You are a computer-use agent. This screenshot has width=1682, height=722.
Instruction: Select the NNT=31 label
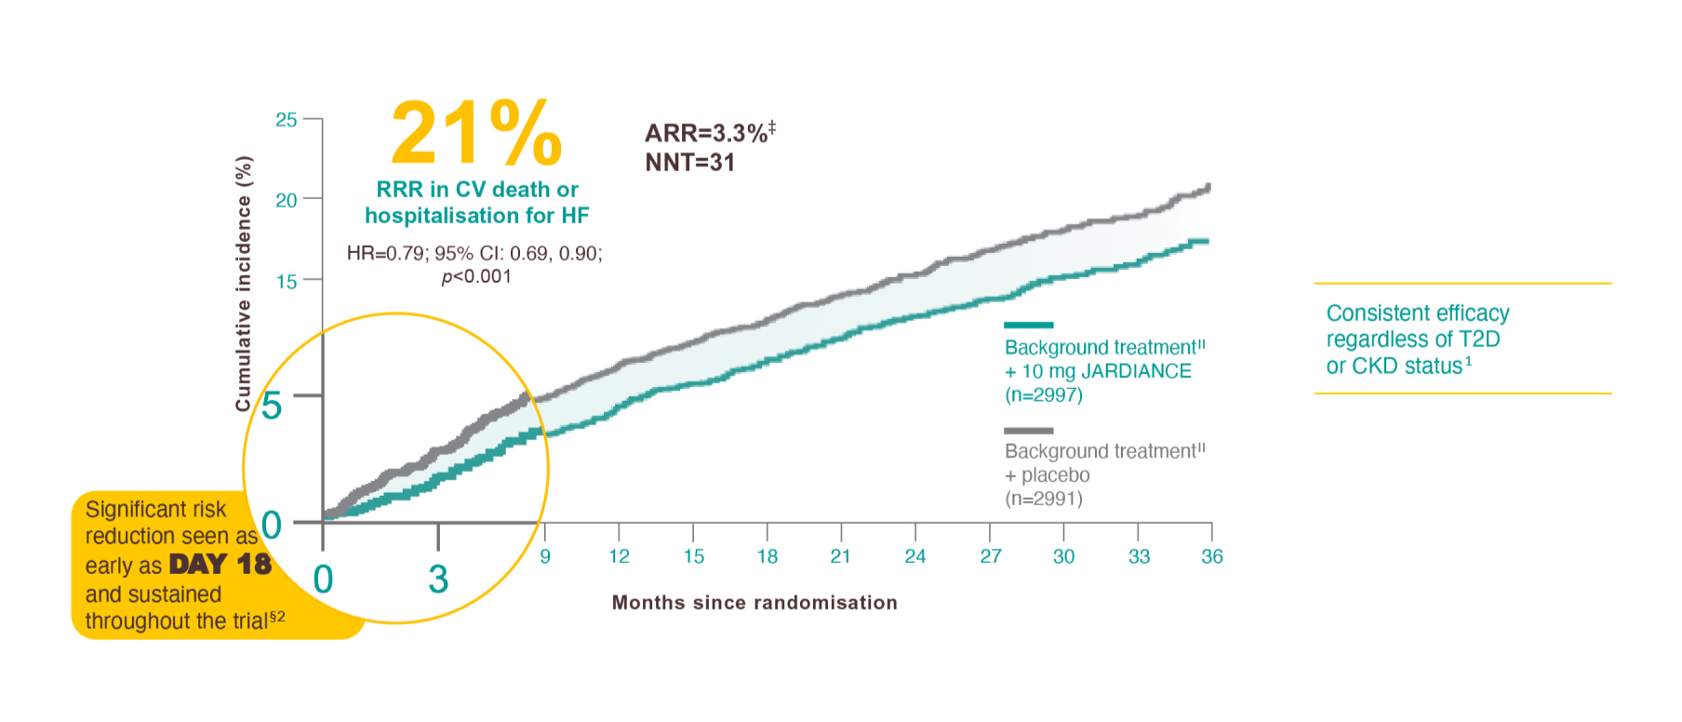[x=689, y=163]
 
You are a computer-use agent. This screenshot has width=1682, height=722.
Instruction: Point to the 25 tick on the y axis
[x=287, y=120]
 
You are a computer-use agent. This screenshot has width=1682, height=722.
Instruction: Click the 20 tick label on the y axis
[x=287, y=200]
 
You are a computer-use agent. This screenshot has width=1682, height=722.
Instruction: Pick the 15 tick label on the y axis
[x=287, y=281]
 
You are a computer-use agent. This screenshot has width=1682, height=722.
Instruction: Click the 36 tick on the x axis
[x=1212, y=556]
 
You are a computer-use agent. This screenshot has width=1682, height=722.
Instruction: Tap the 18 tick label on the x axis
[x=768, y=556]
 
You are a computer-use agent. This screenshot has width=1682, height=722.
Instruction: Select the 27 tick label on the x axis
[x=991, y=556]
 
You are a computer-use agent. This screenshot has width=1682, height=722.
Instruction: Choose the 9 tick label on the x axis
[x=545, y=556]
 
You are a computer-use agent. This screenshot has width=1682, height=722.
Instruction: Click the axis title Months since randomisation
[x=754, y=603]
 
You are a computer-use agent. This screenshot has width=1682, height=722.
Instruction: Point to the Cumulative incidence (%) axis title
[x=244, y=284]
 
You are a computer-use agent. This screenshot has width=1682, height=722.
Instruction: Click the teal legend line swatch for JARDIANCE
[x=1029, y=325]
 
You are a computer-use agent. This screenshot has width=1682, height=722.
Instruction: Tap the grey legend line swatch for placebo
[x=1029, y=431]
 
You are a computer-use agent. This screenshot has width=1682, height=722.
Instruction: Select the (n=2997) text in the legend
[x=1044, y=394]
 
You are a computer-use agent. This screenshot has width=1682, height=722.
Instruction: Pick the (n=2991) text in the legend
[x=1044, y=499]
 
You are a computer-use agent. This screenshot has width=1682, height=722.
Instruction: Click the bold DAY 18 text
[x=220, y=565]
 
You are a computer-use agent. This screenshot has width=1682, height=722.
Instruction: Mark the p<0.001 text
[x=476, y=276]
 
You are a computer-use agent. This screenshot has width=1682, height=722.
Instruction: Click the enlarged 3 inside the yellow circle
[x=438, y=579]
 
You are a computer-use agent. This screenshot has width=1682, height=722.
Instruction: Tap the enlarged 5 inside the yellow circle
[x=272, y=406]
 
